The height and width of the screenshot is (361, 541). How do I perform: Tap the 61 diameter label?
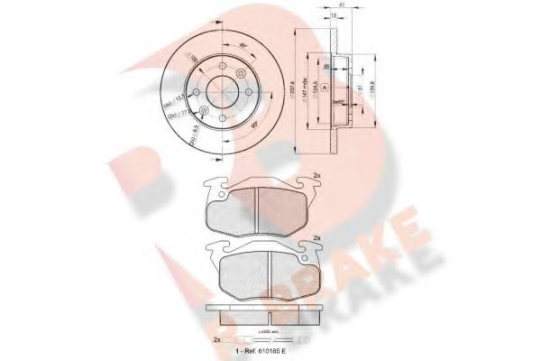point(360,89)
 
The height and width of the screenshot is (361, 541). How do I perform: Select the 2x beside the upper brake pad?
point(316,174)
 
